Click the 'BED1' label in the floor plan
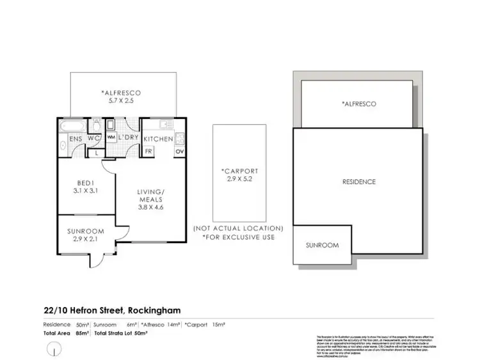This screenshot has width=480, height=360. pos(84,182)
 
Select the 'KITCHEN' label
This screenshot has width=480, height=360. pos(157,139)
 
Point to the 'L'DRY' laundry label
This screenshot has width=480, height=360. pos(128,138)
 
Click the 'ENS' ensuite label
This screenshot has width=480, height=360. pos(67,139)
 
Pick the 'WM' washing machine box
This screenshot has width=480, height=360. pos(111,137)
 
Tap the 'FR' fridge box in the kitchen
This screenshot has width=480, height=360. pos(148,152)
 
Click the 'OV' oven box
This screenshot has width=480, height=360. pos(179,152)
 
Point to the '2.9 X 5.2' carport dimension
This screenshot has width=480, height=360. pos(239,180)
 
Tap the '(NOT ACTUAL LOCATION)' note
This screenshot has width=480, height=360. pos(238,228)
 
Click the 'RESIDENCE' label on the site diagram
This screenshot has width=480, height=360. pos(359,182)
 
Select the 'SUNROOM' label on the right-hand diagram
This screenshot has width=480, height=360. pos(321,245)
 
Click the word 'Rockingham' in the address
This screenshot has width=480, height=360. pos(154,310)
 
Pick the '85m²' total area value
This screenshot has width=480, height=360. pos(83,333)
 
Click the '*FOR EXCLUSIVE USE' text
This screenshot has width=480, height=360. pos(238,237)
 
